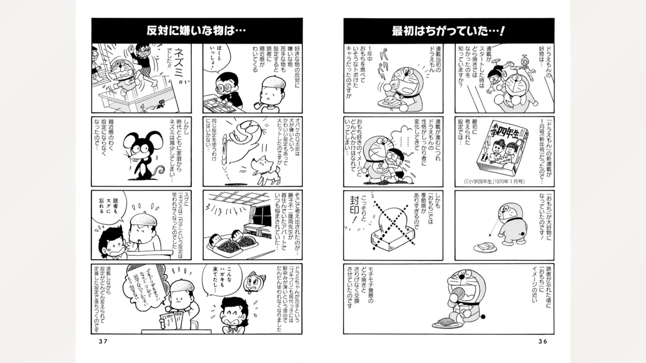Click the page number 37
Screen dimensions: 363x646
(x=103, y=341)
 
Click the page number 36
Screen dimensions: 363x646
(x=543, y=341)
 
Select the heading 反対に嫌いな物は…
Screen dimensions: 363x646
(x=196, y=31)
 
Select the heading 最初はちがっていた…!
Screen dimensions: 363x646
(x=449, y=31)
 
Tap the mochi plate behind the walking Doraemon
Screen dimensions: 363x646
(x=485, y=247)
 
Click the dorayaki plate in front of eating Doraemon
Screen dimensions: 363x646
(x=447, y=323)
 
